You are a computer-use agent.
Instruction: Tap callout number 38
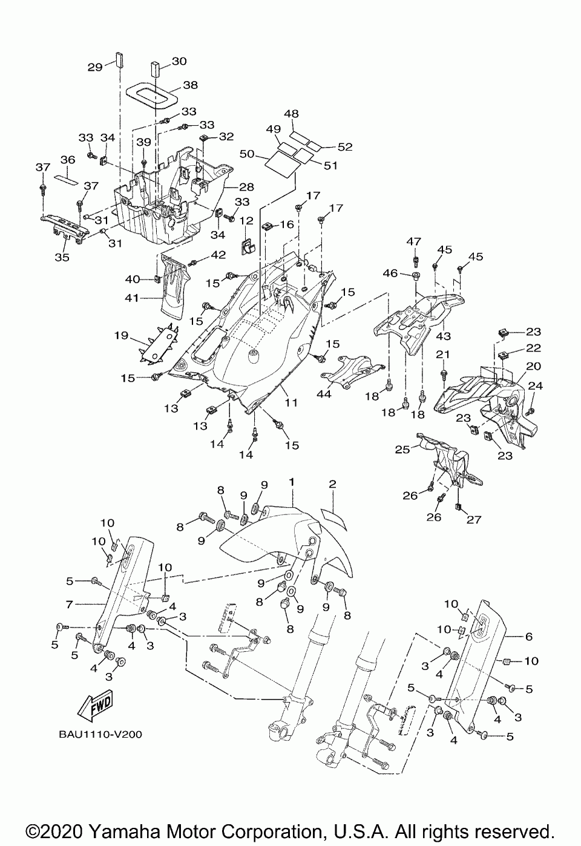[x=191, y=85]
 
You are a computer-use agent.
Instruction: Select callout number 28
[x=247, y=187]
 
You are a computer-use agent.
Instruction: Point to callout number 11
[x=291, y=402]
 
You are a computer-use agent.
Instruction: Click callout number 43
[x=443, y=336]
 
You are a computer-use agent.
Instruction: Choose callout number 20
[x=533, y=366]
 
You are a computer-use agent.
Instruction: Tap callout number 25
[x=402, y=450]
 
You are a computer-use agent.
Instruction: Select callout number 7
[x=69, y=605]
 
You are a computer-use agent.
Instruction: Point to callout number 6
[x=528, y=637]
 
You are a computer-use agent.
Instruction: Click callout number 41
[x=132, y=298]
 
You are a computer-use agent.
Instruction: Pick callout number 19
[x=121, y=335]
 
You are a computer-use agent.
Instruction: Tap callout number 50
[x=248, y=154]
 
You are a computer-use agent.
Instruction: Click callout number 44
[x=324, y=393]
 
